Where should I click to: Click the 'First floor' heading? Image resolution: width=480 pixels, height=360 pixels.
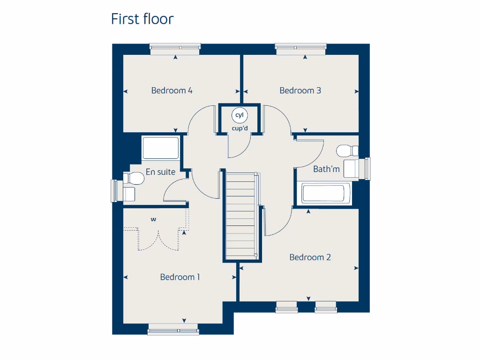coord(142,19)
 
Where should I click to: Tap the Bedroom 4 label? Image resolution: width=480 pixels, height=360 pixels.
coord(172,90)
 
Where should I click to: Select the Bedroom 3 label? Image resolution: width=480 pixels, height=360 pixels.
coord(300,90)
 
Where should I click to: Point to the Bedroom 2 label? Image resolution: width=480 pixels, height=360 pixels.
coord(310,257)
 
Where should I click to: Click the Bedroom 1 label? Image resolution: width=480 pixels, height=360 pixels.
coord(180,277)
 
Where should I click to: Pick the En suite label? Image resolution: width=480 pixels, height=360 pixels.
coord(160,172)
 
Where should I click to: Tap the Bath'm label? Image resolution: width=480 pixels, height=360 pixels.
coord(326,169)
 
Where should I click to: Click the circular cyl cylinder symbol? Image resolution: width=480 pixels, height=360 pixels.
coord(240,115)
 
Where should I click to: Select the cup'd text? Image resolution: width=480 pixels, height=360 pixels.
coord(240,128)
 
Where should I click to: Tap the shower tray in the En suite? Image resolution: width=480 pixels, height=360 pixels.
coord(161,148)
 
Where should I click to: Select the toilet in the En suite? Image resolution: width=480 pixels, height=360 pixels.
coord(133,178)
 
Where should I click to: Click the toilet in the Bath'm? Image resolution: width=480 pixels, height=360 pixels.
coord(347,151)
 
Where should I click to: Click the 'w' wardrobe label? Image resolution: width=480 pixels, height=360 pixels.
coord(153,219)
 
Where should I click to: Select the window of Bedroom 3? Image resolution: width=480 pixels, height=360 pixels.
coord(300,46)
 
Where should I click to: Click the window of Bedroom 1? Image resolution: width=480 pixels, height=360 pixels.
coord(173,331)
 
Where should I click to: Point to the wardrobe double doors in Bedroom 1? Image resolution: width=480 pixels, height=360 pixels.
coord(158,240)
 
